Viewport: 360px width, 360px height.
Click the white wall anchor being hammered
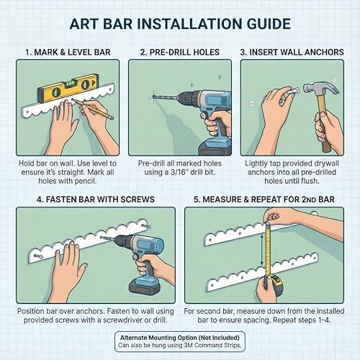[292, 92]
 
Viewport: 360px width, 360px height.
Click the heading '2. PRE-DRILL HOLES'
[180, 52]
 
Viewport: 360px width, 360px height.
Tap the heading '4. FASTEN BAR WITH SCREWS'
[96, 199]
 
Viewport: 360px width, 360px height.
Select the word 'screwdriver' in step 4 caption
[123, 320]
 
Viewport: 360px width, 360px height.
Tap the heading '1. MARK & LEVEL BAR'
[68, 52]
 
